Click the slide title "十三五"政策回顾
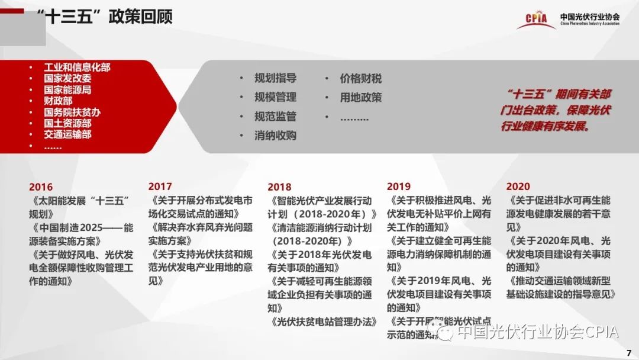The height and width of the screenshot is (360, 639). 105,17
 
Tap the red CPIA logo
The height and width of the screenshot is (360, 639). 536,20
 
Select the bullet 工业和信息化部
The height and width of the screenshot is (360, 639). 77,67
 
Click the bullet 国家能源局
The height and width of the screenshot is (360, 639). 67,89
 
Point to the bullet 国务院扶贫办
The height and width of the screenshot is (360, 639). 72,112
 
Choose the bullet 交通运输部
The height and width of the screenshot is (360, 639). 67,134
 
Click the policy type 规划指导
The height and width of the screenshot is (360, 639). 276,78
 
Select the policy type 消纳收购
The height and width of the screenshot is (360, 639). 276,136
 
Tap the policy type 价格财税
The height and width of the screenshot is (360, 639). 361,78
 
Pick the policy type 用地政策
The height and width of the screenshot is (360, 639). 361,98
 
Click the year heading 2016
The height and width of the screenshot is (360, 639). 41,187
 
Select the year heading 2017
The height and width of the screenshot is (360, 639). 160,187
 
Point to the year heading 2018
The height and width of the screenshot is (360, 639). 279,187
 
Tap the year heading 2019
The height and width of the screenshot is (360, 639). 399,187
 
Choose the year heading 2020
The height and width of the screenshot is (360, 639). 518,187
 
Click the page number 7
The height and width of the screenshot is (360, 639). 629,353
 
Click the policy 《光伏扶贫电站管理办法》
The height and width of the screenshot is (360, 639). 322,322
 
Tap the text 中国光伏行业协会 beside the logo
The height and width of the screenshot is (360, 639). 590,17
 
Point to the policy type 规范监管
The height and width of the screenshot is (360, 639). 276,116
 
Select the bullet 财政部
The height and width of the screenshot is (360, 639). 58,101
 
